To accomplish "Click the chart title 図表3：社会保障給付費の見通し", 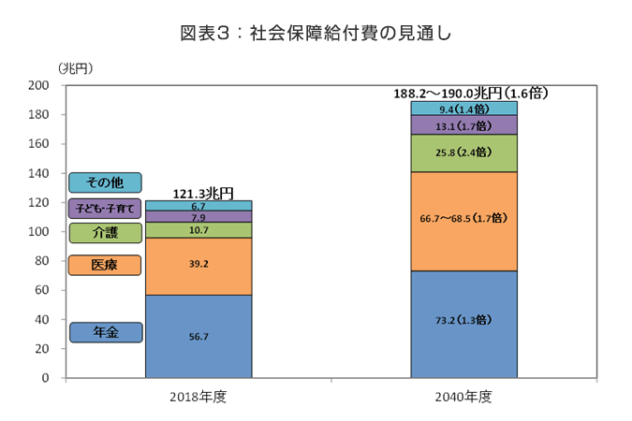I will [x=316, y=34].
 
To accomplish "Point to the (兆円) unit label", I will [x=76, y=68].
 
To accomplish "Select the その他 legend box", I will [x=105, y=182].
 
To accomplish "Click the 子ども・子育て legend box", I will [x=105, y=208].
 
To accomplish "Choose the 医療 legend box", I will [x=105, y=265].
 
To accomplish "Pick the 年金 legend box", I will [x=105, y=332].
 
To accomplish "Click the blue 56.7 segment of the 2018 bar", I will [x=198, y=337].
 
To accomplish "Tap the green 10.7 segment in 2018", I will [x=198, y=229].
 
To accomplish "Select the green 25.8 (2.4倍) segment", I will [x=463, y=152].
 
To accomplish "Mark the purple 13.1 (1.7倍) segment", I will [x=463, y=124].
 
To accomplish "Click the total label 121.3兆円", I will [x=198, y=193].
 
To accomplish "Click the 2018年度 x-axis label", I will [x=198, y=396].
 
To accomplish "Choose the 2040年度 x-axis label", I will [x=463, y=396].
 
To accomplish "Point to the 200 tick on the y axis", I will [x=39, y=85].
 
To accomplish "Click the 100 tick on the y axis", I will [x=39, y=232].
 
